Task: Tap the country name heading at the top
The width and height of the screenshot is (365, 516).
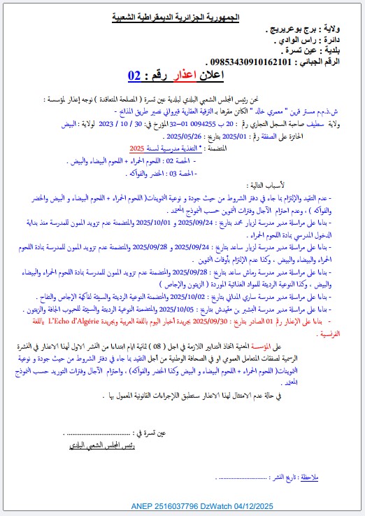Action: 176,15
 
